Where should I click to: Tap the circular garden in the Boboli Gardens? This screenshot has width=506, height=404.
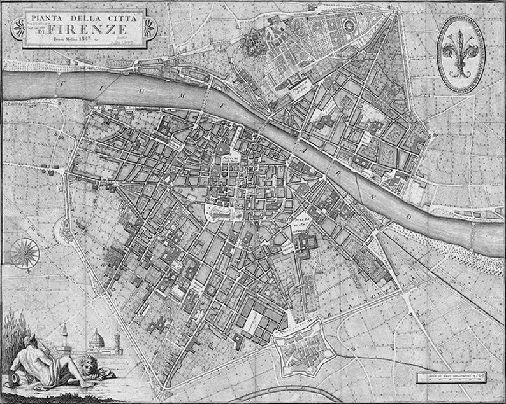click(349, 24)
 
